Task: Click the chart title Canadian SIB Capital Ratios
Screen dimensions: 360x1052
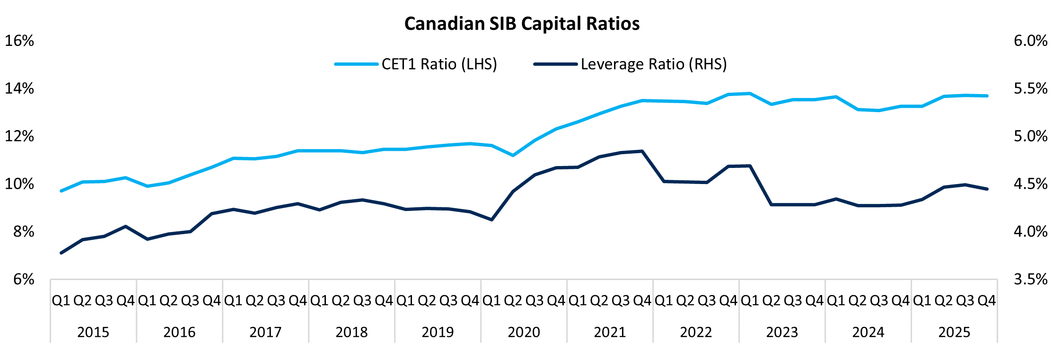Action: coord(522,24)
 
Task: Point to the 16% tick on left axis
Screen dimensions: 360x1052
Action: coord(19,41)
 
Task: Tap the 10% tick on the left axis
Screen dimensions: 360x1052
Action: coord(19,184)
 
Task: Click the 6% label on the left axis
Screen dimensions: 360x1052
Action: coord(23,279)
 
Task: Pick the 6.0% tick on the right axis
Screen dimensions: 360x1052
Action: coord(1030,41)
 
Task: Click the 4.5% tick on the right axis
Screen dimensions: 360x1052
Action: coord(1030,184)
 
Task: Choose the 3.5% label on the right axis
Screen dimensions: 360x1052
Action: coord(1030,279)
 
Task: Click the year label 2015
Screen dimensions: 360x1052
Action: coord(93,332)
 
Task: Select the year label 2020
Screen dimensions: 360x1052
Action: coord(524,332)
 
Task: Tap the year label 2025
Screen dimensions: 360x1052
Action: coord(954,332)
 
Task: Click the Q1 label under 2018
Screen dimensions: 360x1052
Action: coord(319,300)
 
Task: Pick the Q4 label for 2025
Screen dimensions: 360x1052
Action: coord(986,300)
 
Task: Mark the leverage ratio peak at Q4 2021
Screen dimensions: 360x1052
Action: coord(642,151)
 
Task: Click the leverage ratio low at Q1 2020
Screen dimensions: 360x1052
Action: coord(492,220)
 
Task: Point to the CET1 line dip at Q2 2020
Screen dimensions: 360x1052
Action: coord(513,155)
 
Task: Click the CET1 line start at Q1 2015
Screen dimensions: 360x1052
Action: coord(61,191)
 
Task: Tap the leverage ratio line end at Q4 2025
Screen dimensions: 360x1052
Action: coord(987,189)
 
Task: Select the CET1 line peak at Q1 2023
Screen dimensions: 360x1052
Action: coord(750,93)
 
